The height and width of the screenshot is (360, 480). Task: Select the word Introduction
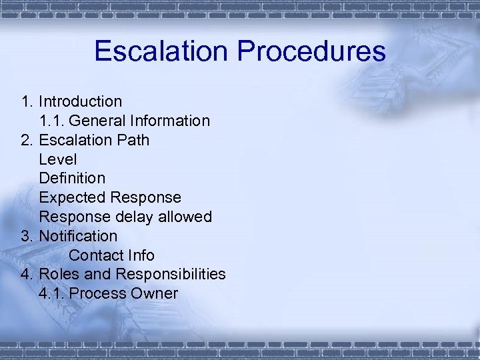coord(80,102)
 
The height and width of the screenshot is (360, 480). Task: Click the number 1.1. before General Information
coord(52,121)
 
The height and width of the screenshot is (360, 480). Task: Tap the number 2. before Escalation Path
coord(27,141)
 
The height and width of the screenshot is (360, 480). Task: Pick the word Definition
coord(72,179)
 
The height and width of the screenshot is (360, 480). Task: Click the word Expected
coord(73,198)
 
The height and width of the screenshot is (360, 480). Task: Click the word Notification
coord(78,237)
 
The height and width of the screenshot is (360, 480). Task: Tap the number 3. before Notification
coord(27,237)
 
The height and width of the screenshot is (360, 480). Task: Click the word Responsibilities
coord(170,275)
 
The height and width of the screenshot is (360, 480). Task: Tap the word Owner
coord(155,294)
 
